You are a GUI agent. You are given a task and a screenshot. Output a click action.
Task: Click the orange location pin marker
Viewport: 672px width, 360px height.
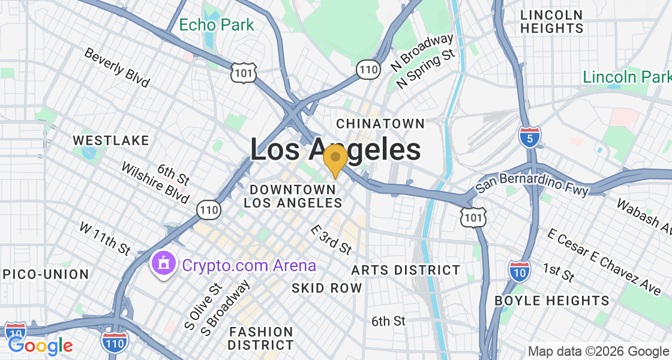pyautogui.click(x=335, y=158)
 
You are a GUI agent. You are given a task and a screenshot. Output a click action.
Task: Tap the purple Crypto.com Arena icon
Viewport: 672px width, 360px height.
pyautogui.click(x=163, y=264)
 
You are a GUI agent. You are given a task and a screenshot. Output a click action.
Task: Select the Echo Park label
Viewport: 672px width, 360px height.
pyautogui.click(x=217, y=25)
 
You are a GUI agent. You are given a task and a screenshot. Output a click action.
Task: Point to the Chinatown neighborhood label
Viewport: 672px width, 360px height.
pyautogui.click(x=380, y=124)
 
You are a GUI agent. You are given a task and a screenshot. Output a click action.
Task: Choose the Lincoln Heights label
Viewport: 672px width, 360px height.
pyautogui.click(x=551, y=22)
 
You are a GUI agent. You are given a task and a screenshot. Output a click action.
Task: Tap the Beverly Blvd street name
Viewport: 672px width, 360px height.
pyautogui.click(x=116, y=67)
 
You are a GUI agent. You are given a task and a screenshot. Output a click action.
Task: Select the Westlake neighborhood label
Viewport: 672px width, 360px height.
pyautogui.click(x=110, y=140)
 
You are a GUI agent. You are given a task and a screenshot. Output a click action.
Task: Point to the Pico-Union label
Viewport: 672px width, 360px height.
pyautogui.click(x=46, y=274)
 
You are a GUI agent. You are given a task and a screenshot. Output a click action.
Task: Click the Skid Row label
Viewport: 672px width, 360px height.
pyautogui.click(x=327, y=288)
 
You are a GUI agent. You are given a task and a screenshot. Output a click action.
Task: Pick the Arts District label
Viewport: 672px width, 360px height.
pyautogui.click(x=406, y=270)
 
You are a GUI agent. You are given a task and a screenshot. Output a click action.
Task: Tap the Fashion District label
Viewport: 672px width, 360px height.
pyautogui.click(x=261, y=338)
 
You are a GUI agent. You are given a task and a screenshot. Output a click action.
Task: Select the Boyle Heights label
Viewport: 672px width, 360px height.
pyautogui.click(x=551, y=301)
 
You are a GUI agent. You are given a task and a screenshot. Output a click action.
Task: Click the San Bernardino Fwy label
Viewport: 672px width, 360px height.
pyautogui.click(x=532, y=181)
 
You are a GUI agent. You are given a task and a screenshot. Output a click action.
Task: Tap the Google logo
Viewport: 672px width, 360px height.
pyautogui.click(x=40, y=346)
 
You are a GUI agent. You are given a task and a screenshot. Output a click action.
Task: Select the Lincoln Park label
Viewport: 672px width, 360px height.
pyautogui.click(x=626, y=77)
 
